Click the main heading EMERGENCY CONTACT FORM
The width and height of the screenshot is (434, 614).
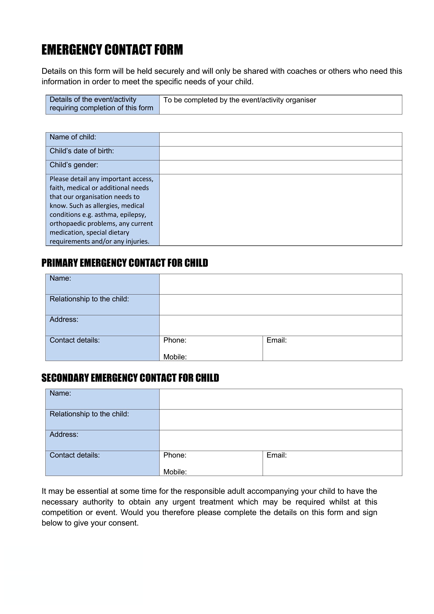(x=112, y=50)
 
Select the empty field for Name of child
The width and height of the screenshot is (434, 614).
(x=280, y=139)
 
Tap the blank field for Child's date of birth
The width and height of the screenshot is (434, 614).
(x=280, y=153)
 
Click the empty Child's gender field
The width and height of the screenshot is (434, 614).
(x=280, y=167)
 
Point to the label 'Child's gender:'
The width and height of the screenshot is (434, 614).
(x=74, y=165)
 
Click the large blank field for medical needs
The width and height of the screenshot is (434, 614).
(x=280, y=210)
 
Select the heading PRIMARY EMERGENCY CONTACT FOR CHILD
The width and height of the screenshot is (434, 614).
(x=125, y=263)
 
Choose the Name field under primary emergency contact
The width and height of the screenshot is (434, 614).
(x=280, y=284)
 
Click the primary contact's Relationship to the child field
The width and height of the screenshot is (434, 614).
(x=280, y=305)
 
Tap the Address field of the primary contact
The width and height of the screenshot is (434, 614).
(x=280, y=326)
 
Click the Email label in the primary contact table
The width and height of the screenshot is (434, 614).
(x=276, y=340)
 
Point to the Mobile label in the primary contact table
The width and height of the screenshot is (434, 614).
(x=175, y=357)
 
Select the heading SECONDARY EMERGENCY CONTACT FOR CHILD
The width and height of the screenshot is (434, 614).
(x=130, y=378)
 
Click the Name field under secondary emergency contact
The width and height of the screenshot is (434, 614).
(x=280, y=399)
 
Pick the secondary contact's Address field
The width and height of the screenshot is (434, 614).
(x=280, y=440)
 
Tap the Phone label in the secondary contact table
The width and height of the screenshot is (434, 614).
(x=175, y=455)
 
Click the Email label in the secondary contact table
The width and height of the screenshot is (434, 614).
(x=276, y=455)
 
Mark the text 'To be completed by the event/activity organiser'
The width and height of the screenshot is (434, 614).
(x=240, y=100)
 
